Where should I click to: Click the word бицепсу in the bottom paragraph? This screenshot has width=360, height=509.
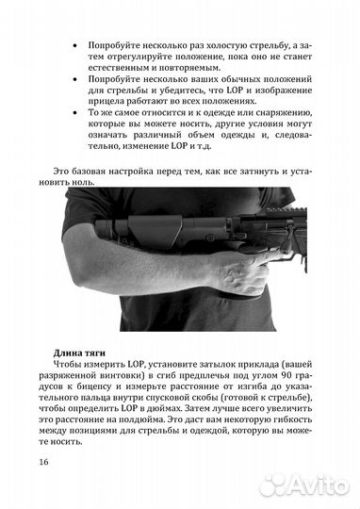pyautogui.click(x=113, y=392)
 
